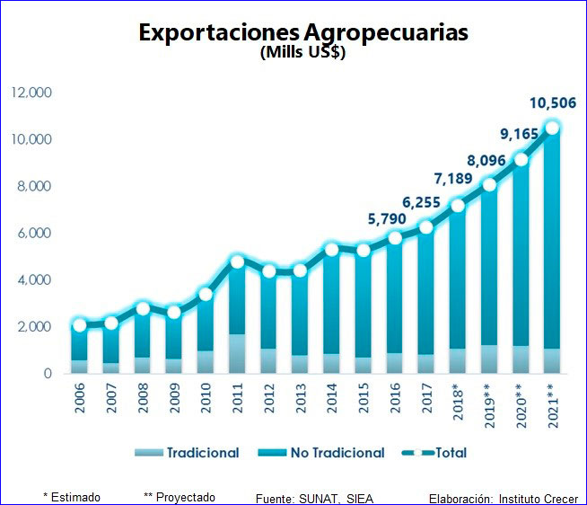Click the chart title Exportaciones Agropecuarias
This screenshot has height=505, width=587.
303,32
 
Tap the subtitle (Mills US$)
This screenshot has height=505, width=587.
302,52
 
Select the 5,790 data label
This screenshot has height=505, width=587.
387,218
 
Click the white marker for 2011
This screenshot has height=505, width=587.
238,262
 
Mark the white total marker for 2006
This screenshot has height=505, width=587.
80,325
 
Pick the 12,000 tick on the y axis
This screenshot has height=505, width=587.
31,93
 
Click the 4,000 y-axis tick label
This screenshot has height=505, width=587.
31,279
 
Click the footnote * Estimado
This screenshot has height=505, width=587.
72,497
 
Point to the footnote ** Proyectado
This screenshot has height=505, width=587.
179,497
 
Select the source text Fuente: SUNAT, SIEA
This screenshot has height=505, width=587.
314,498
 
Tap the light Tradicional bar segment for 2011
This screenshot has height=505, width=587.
238,354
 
